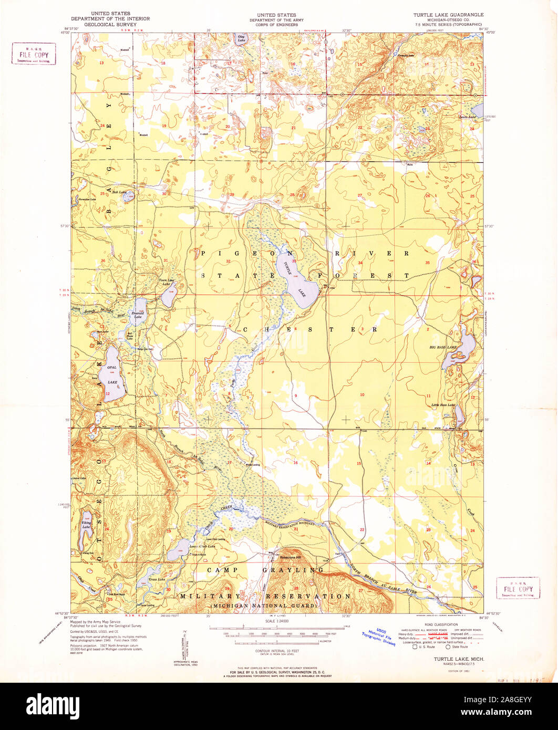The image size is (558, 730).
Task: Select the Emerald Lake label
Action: point(138,315)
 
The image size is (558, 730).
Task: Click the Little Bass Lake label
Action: point(442,405)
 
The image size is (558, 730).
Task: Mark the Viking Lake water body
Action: point(85,530)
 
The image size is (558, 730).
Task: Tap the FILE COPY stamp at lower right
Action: point(518,588)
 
